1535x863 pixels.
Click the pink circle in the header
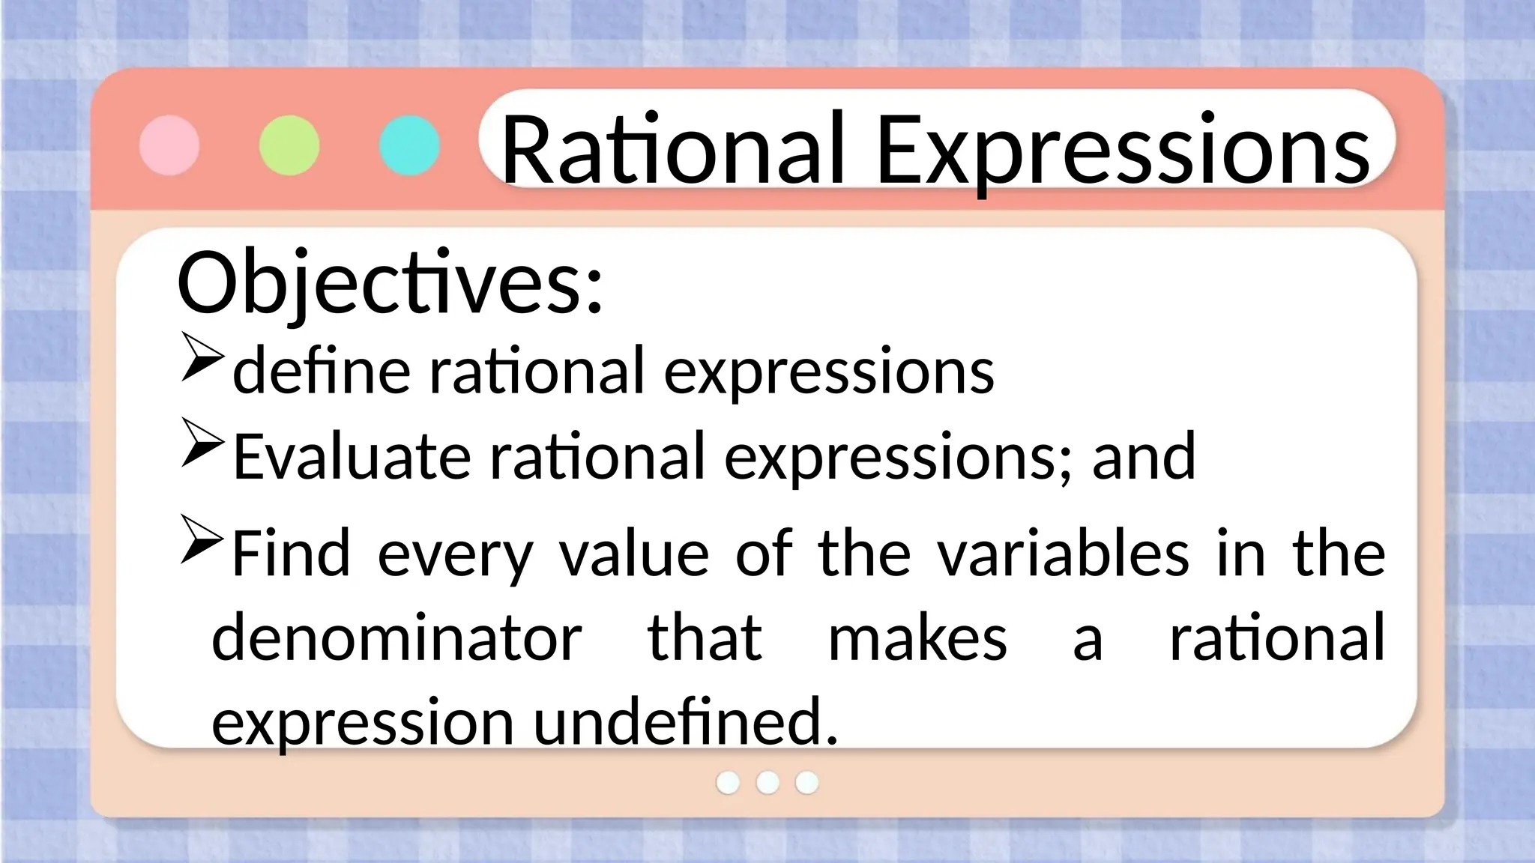pos(169,145)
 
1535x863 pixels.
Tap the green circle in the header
pos(289,145)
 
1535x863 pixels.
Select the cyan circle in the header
pos(409,145)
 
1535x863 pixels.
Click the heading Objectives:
pos(390,284)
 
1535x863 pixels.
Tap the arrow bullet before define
pos(202,358)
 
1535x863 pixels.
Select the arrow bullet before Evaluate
pos(202,443)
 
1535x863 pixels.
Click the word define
pos(322,370)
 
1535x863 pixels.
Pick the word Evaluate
pos(352,456)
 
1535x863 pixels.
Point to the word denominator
pos(396,638)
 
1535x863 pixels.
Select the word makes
pos(917,638)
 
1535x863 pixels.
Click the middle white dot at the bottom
pos(767,782)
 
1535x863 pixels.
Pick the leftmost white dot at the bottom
pos(728,782)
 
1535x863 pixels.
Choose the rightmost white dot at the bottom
pos(806,782)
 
